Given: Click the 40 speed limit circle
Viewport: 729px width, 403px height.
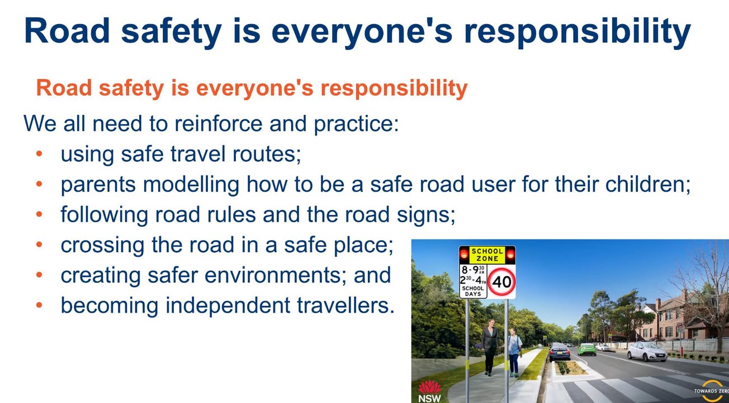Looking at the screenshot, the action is coord(501,282).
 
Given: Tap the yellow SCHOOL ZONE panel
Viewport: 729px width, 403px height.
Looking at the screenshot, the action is coord(487,255).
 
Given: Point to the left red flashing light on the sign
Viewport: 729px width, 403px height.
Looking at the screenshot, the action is coord(464,254).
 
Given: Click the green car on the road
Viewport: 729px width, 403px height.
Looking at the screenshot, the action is coord(587,349).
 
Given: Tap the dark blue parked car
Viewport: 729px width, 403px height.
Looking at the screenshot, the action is coord(560,352).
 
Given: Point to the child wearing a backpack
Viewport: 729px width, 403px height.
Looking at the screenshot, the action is coord(514,352).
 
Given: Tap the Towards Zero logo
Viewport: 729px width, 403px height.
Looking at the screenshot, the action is coord(711,391).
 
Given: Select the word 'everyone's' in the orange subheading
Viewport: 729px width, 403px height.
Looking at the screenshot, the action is coord(255,88).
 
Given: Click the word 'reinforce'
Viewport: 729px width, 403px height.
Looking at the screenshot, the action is coord(219,124).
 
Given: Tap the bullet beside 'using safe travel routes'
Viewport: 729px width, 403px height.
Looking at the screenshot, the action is coord(39,153).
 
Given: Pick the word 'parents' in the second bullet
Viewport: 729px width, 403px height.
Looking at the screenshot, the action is coord(98,185).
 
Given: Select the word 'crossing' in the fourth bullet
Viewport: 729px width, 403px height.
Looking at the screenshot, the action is coord(102,245).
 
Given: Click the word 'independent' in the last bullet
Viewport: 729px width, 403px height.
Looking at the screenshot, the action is coord(228,306).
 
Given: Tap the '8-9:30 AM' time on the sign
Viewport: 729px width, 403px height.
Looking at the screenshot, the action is coord(472,270).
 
